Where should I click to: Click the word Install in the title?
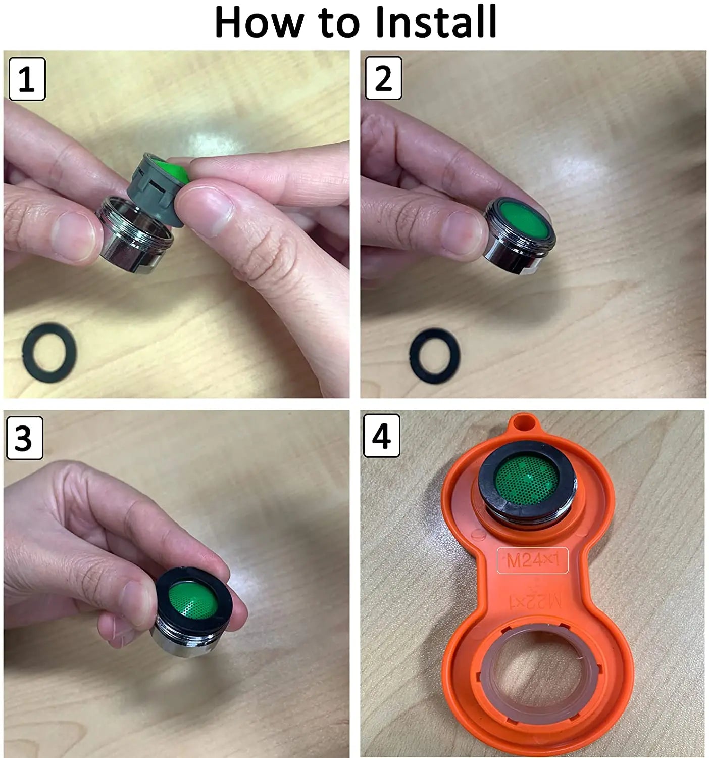coord(436,22)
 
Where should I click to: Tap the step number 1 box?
coord(27,79)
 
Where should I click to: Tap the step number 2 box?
coord(383,78)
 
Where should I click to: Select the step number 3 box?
coord(25,438)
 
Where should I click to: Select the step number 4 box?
coord(382,436)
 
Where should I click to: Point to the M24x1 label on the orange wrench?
coord(533,560)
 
